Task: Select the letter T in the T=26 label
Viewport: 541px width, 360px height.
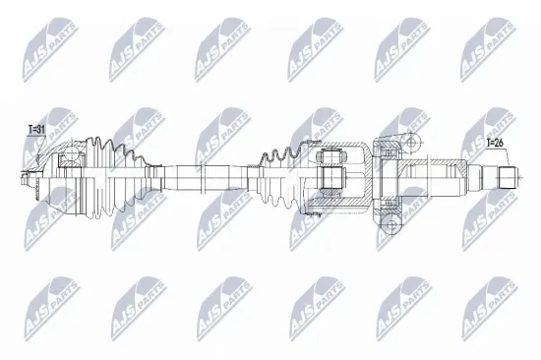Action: [x=489, y=144]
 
